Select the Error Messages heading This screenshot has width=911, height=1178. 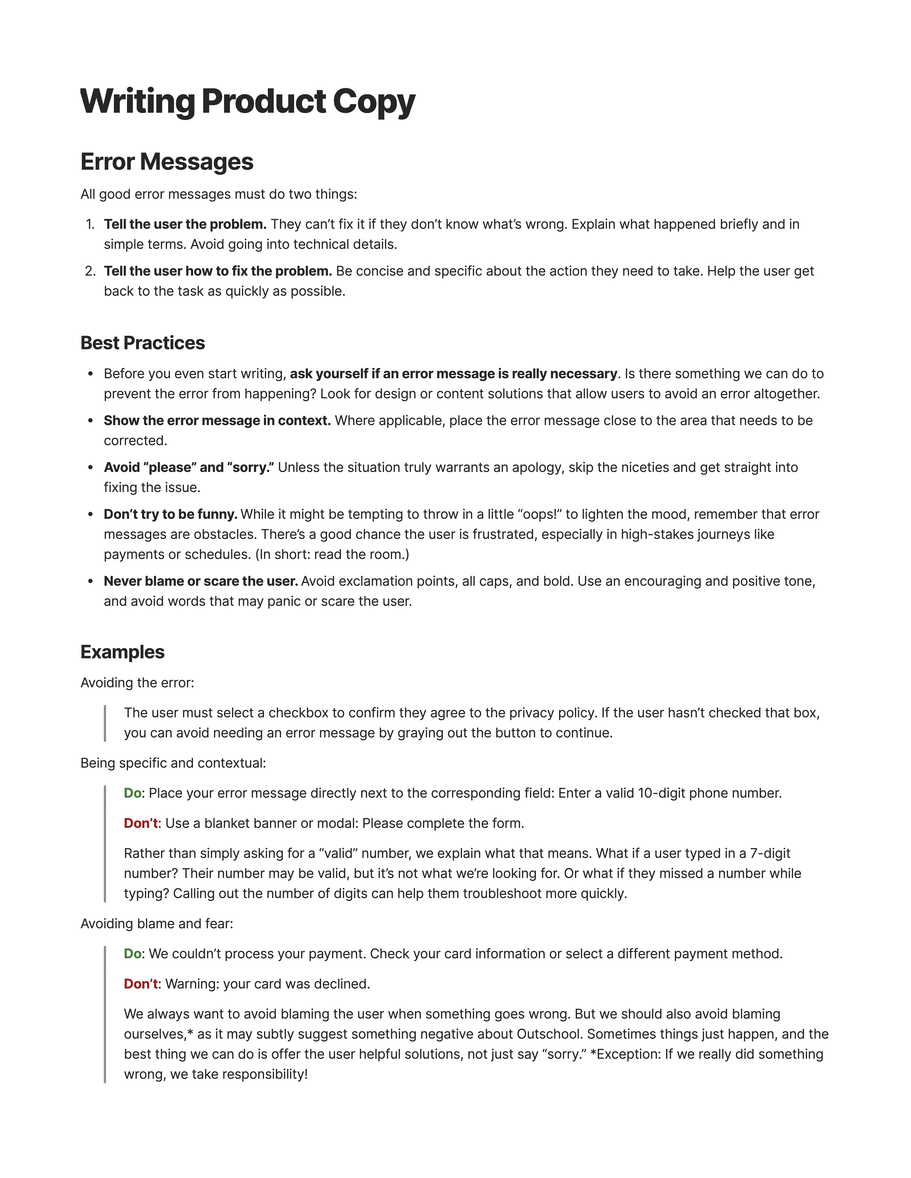pyautogui.click(x=167, y=162)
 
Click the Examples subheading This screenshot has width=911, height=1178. pyautogui.click(x=123, y=652)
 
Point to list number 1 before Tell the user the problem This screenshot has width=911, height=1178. pyautogui.click(x=90, y=224)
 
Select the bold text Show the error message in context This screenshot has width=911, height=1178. pyautogui.click(x=217, y=421)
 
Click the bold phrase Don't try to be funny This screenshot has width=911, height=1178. pyautogui.click(x=171, y=515)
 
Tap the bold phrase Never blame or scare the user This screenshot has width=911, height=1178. pyautogui.click(x=201, y=581)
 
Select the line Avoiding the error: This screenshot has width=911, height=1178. pyautogui.click(x=137, y=683)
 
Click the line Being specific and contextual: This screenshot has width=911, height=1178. pyautogui.click(x=173, y=763)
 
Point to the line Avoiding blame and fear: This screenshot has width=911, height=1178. pyautogui.click(x=156, y=924)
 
